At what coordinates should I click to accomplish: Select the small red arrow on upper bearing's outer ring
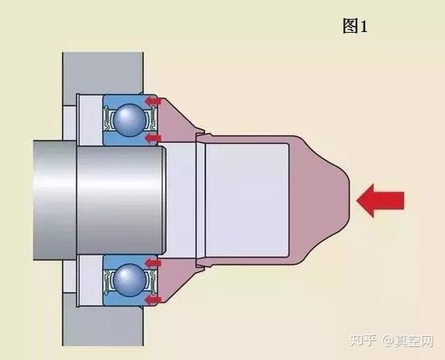coord(154,100)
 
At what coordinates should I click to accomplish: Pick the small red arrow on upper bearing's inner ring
coord(154,138)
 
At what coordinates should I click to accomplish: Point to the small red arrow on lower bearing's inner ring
coord(154,262)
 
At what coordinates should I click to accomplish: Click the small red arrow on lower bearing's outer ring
coord(154,300)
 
